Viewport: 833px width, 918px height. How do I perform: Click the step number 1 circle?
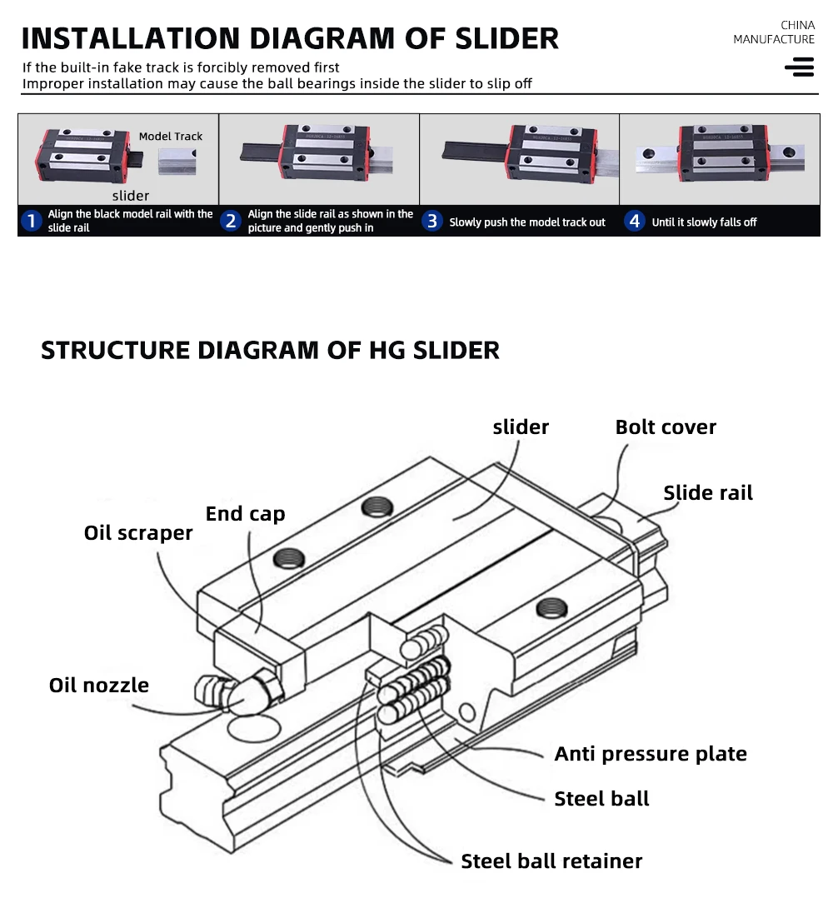pyautogui.click(x=31, y=221)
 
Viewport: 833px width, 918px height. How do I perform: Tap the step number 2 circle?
pyautogui.click(x=231, y=221)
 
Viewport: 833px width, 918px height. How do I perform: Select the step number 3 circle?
pyautogui.click(x=432, y=221)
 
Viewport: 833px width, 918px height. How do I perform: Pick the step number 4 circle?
pyautogui.click(x=635, y=221)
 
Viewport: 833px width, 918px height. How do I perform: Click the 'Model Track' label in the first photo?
pyautogui.click(x=170, y=137)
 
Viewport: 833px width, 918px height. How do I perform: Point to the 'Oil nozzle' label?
pyautogui.click(x=99, y=685)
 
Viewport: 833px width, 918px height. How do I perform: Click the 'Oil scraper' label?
pyautogui.click(x=138, y=533)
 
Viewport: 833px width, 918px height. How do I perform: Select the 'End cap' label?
pyautogui.click(x=245, y=514)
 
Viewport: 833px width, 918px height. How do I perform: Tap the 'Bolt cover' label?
pyautogui.click(x=666, y=427)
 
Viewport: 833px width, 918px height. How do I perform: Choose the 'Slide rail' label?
pyautogui.click(x=708, y=493)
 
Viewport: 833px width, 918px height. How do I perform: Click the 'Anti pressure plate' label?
pyautogui.click(x=651, y=754)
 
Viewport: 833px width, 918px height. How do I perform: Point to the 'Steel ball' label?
pyautogui.click(x=601, y=799)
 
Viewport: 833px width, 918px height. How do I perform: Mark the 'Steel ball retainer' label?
pyautogui.click(x=551, y=861)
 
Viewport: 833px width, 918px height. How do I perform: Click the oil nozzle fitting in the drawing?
pyautogui.click(x=237, y=692)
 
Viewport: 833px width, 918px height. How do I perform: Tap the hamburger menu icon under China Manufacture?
pyautogui.click(x=800, y=67)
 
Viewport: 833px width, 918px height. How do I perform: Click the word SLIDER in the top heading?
pyautogui.click(x=507, y=38)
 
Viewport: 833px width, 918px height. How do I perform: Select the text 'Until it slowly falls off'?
pyautogui.click(x=704, y=222)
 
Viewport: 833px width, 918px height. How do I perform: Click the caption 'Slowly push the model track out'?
pyautogui.click(x=527, y=222)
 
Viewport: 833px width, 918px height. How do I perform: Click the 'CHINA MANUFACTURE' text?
pyautogui.click(x=774, y=32)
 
